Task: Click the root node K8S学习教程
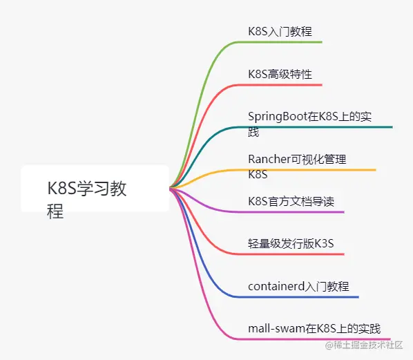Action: tap(88, 198)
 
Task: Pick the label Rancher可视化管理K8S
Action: tap(297, 167)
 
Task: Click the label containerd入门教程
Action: tap(298, 286)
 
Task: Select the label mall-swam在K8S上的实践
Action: tap(314, 328)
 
